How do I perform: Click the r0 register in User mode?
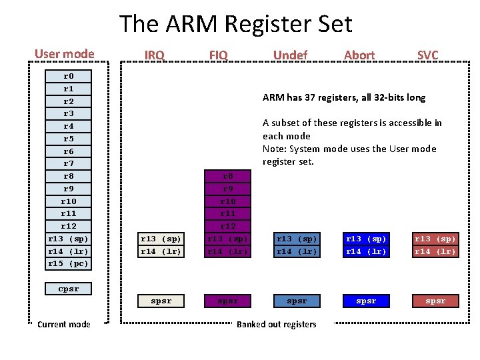pyautogui.click(x=68, y=76)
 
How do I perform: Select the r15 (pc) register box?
pyautogui.click(x=68, y=264)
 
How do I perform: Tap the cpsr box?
pyautogui.click(x=68, y=289)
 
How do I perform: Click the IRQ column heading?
pyautogui.click(x=154, y=55)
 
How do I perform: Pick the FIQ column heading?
pyautogui.click(x=218, y=55)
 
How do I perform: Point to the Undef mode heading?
pyautogui.click(x=290, y=55)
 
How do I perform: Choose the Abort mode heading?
pyautogui.click(x=359, y=55)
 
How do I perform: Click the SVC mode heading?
pyautogui.click(x=427, y=55)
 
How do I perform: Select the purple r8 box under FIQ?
pyautogui.click(x=228, y=177)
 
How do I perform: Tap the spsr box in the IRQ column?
pyautogui.click(x=161, y=301)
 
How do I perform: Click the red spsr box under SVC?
pyautogui.click(x=435, y=301)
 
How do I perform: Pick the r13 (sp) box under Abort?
pyautogui.click(x=366, y=239)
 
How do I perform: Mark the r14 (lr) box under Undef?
pyautogui.click(x=297, y=251)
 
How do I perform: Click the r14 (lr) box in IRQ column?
pyautogui.click(x=161, y=251)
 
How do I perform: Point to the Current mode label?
pyautogui.click(x=64, y=325)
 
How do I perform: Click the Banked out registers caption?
pyautogui.click(x=277, y=325)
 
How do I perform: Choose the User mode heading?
pyautogui.click(x=65, y=54)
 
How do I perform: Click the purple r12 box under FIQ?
pyautogui.click(x=228, y=227)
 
